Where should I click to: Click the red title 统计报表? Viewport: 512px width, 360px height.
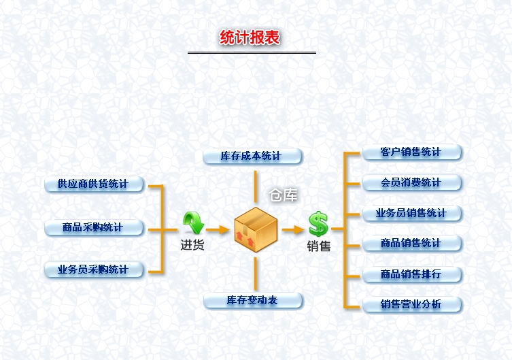tap(250, 38)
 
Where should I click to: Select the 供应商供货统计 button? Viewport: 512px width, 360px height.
tap(94, 184)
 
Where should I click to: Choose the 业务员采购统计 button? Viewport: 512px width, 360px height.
tap(94, 269)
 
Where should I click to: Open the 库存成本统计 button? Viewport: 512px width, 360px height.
tap(252, 157)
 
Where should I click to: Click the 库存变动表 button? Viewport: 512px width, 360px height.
tap(253, 300)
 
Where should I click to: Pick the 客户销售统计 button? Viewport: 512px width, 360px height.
tap(411, 152)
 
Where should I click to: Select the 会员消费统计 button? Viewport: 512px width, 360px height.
tap(411, 182)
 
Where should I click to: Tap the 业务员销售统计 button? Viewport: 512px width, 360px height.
tap(411, 214)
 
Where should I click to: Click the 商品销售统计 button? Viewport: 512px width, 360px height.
tap(411, 243)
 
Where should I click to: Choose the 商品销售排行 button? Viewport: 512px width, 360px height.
tap(411, 274)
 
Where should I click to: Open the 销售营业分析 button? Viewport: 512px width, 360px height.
tap(411, 304)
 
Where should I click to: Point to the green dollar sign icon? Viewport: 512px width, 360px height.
tap(318, 223)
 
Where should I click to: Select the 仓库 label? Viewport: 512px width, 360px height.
tap(284, 196)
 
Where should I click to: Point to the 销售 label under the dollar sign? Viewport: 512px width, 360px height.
tap(318, 246)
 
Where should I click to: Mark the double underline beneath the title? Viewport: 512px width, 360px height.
tap(252, 52)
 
